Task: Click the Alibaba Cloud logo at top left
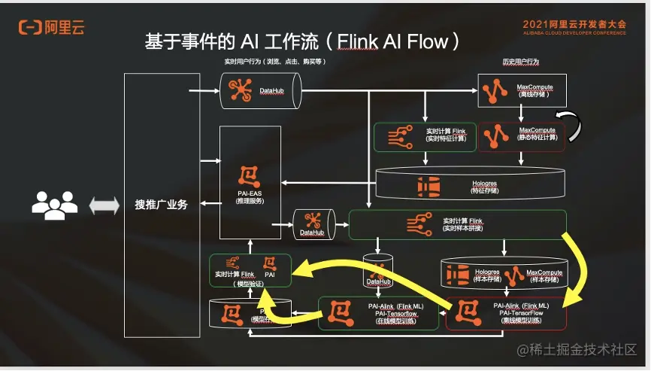(x=51, y=28)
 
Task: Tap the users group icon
(x=55, y=204)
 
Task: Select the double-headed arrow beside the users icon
(x=104, y=205)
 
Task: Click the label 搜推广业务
(x=161, y=204)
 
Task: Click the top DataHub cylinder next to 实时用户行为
(x=260, y=90)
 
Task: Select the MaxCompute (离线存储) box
(x=521, y=90)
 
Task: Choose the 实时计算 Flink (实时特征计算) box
(x=425, y=135)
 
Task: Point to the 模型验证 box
(x=250, y=270)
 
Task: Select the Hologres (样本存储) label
(x=486, y=275)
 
